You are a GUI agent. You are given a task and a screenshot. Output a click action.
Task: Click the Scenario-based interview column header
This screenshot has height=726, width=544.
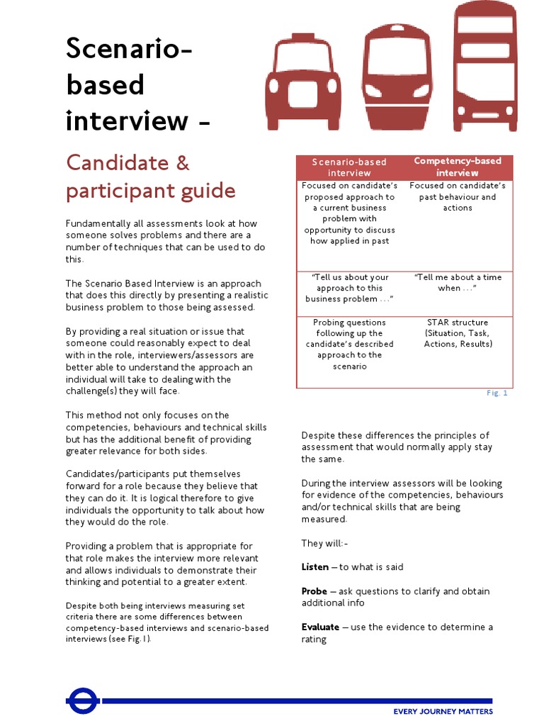[349, 167]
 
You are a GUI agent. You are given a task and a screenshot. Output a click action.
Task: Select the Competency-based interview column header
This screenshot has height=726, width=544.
[457, 167]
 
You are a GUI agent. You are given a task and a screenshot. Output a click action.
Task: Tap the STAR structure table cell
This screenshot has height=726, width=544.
[457, 333]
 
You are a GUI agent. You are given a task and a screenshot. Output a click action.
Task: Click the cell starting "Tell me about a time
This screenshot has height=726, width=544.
[457, 283]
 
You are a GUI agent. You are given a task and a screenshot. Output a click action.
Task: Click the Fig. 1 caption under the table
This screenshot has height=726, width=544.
[497, 393]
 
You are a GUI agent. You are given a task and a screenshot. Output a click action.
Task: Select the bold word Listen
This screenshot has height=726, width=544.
[315, 567]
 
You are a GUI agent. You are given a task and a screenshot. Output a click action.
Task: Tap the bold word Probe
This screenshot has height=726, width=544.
[314, 591]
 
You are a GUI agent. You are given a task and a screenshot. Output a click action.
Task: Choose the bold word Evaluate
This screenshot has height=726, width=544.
[320, 627]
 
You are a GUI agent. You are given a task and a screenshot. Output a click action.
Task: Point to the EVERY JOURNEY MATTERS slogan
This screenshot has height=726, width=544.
[443, 711]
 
